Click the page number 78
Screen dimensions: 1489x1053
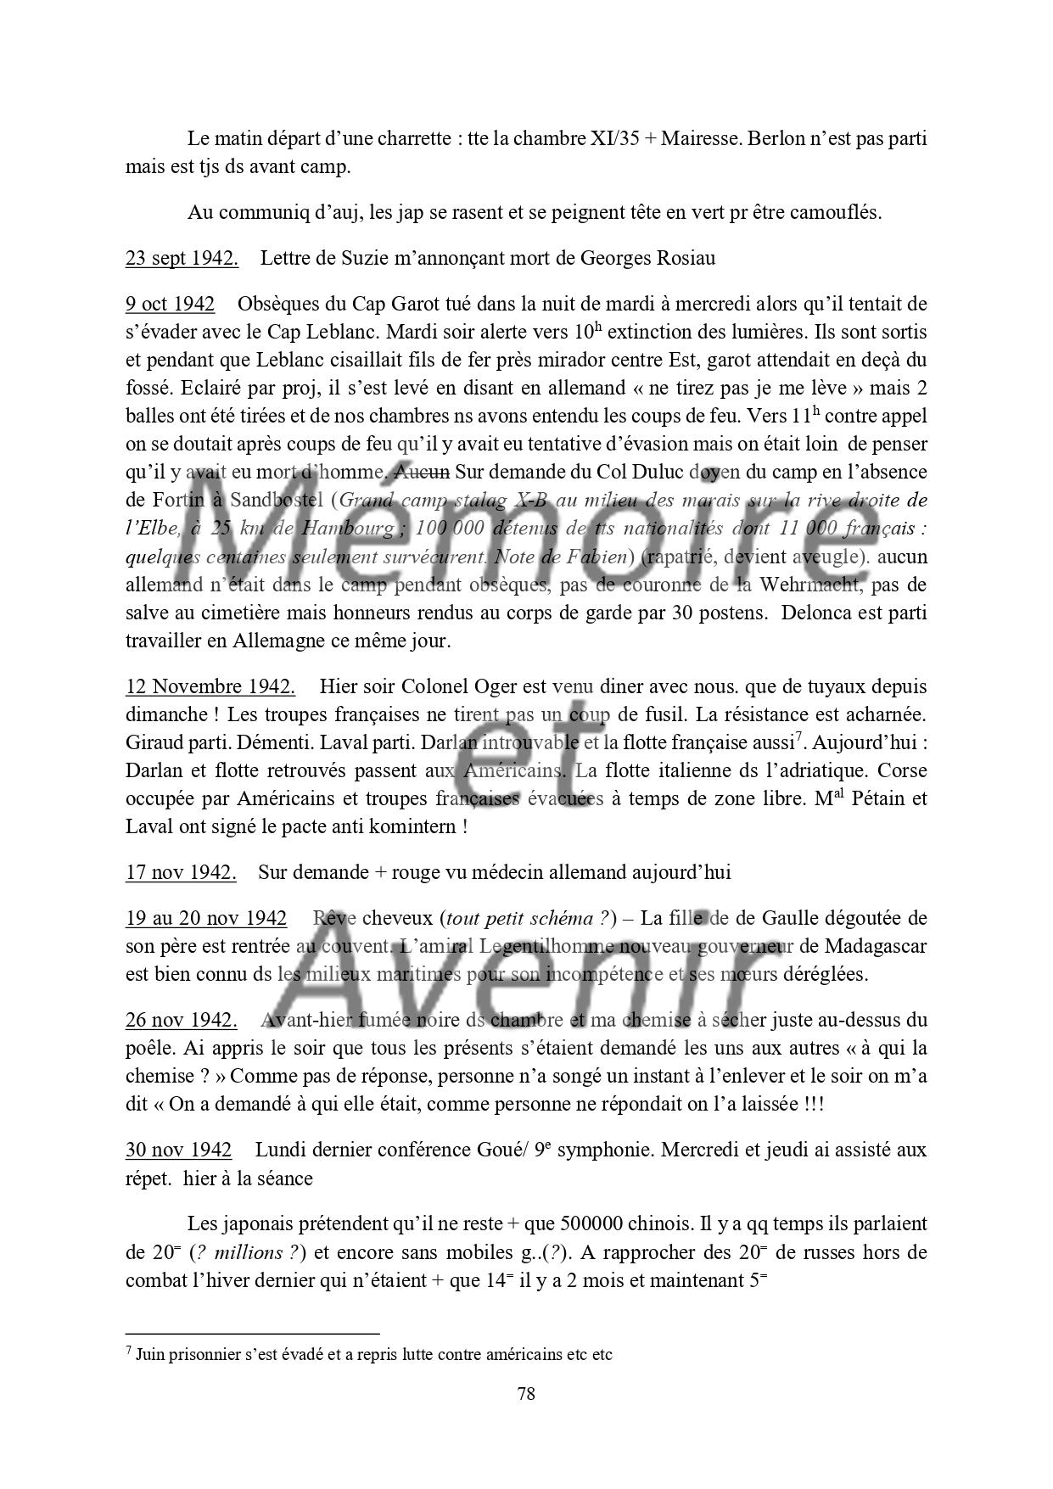(x=526, y=1393)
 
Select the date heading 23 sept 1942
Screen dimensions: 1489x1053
(x=182, y=258)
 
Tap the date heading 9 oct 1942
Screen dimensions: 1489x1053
(x=170, y=304)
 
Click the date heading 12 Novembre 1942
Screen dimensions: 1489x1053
(x=210, y=686)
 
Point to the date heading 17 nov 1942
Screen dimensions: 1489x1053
(x=181, y=872)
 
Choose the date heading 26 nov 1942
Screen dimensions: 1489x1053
(x=181, y=1020)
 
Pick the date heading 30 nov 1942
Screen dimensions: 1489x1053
(x=178, y=1150)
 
